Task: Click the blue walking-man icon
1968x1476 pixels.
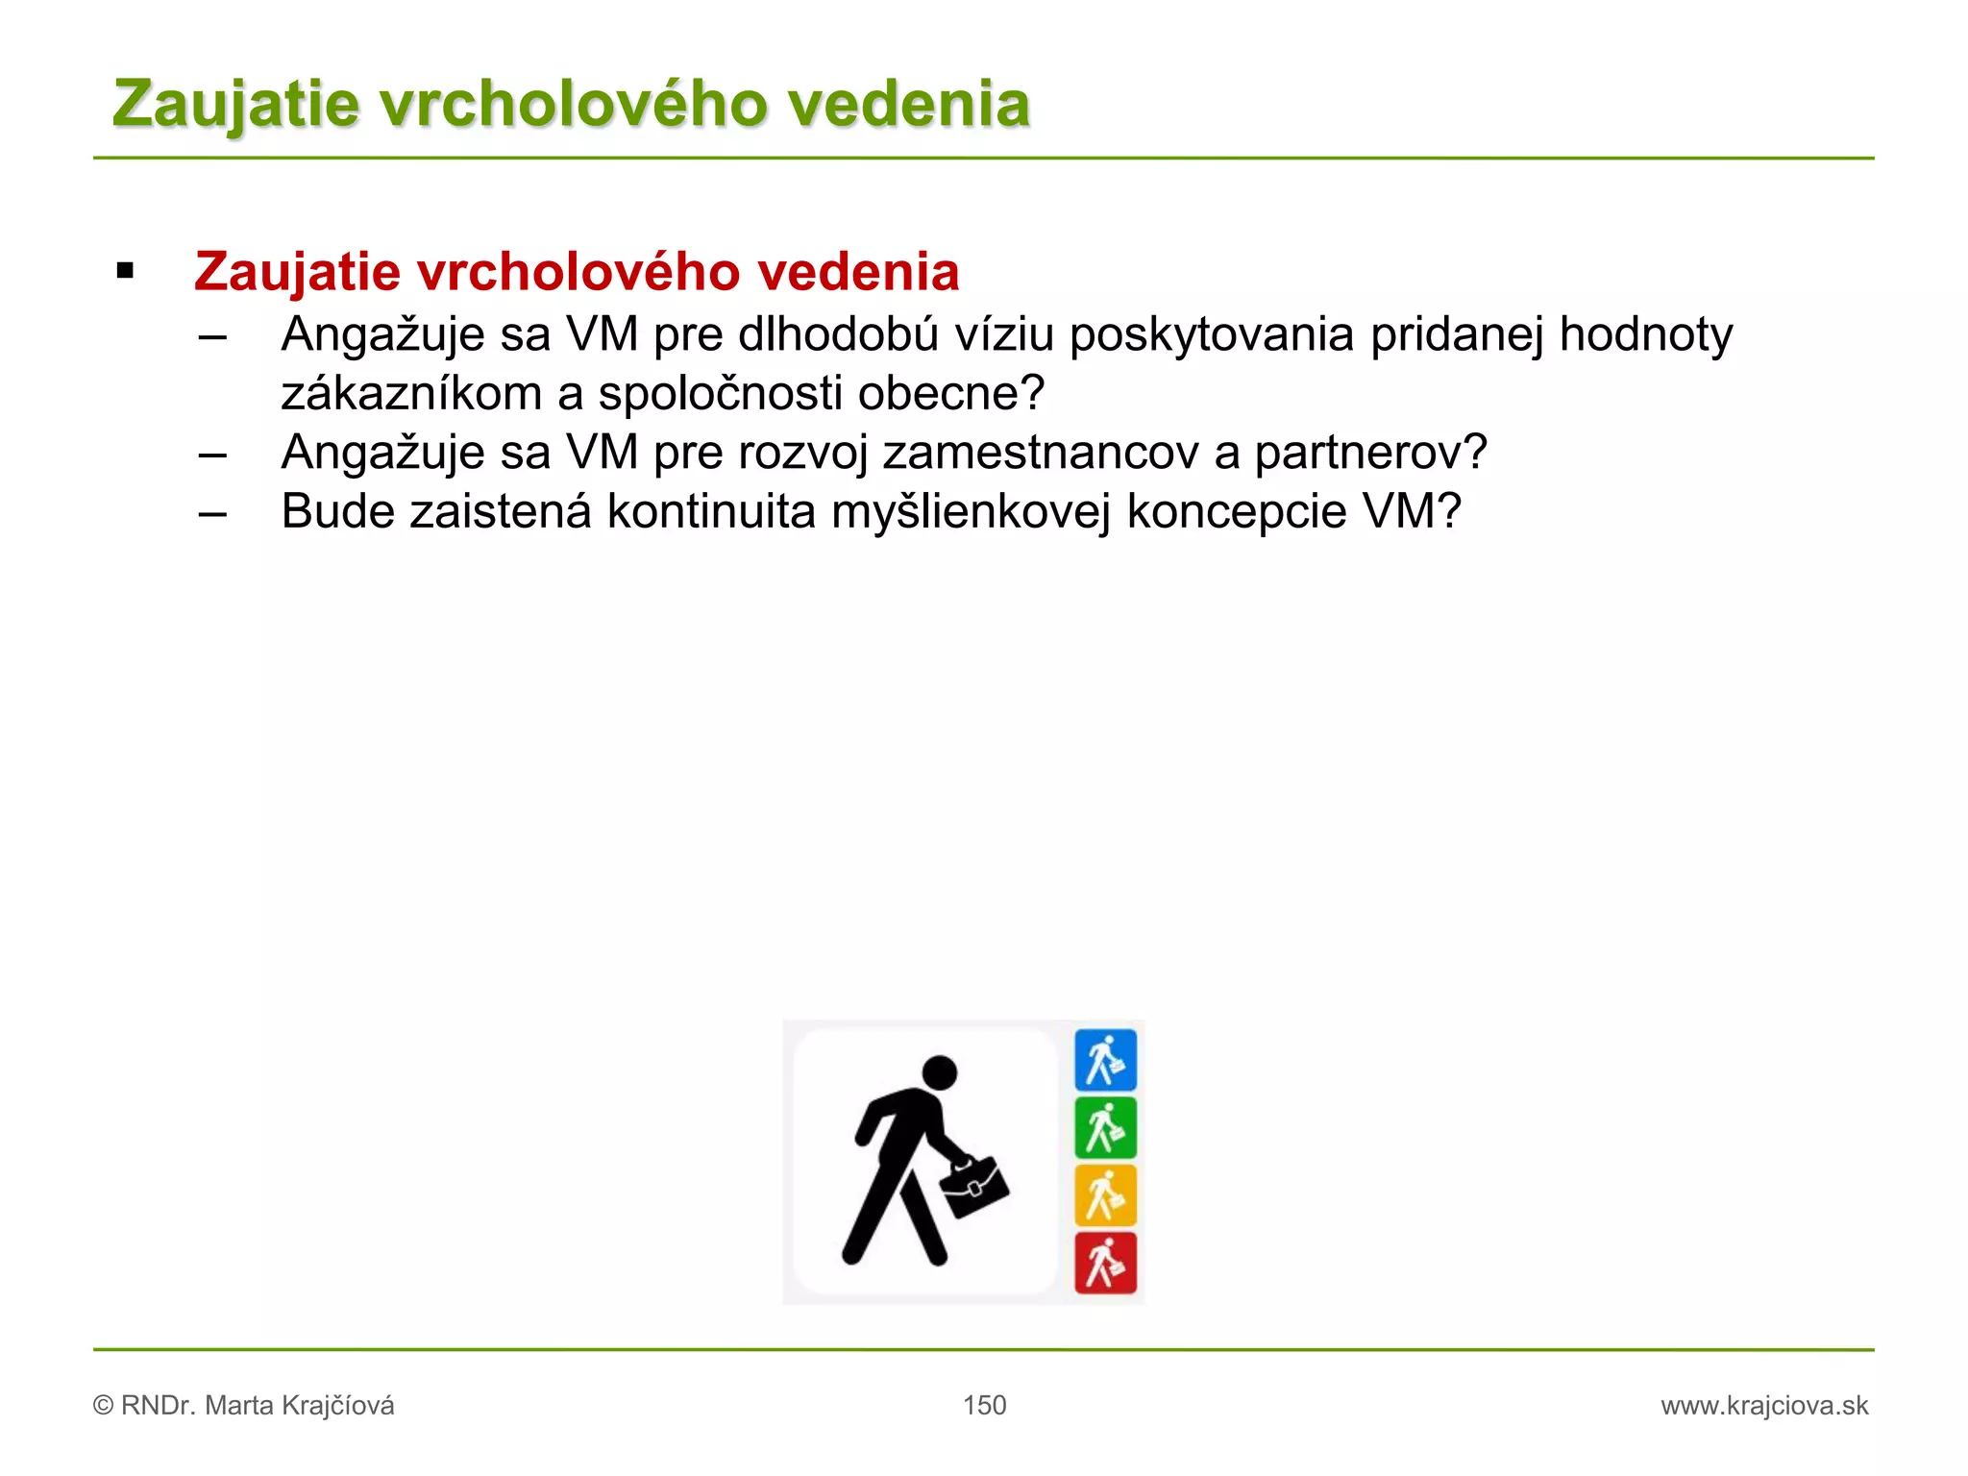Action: click(1105, 1060)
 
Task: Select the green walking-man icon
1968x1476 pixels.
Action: click(1105, 1128)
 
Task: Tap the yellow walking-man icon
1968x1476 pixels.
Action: click(1105, 1195)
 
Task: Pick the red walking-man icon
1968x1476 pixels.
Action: click(1105, 1263)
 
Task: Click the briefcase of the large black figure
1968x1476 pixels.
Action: click(974, 1188)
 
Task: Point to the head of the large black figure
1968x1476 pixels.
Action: click(939, 1072)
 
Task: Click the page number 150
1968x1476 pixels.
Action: click(984, 1406)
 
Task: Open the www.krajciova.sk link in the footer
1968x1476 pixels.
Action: click(1764, 1406)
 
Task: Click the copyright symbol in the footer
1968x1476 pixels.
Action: click(103, 1406)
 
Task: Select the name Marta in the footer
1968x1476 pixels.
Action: click(239, 1406)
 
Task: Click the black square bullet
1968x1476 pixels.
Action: click(125, 272)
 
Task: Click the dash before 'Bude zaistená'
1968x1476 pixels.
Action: click(212, 513)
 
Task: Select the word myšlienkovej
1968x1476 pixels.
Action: click(971, 511)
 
